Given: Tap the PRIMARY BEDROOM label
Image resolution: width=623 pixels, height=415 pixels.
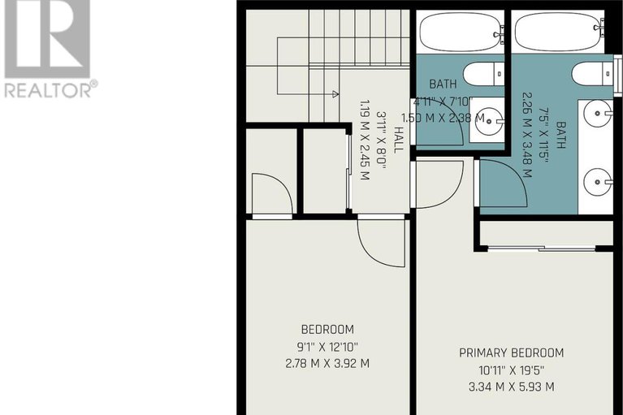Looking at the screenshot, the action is pos(512,352).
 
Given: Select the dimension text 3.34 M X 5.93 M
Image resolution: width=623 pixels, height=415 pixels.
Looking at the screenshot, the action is pos(512,387).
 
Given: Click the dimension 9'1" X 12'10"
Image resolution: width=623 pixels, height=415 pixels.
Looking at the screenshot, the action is pos(327,347).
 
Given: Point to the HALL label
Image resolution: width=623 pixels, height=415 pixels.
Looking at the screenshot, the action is pos(398,140).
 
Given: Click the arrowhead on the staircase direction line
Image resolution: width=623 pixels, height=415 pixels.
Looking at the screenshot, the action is pos(335,94).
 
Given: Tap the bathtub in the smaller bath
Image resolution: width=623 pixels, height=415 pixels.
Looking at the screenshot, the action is pos(460,32).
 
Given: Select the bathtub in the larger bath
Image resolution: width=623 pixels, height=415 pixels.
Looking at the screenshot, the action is pos(558,32).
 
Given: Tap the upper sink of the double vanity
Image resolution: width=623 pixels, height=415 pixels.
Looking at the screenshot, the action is pos(598,114).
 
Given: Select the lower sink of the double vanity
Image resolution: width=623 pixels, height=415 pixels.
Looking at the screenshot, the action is pos(598,182).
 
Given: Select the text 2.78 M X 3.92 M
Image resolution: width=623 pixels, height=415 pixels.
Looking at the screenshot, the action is pos(327,363).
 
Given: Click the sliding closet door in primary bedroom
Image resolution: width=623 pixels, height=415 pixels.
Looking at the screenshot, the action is pos(541,249).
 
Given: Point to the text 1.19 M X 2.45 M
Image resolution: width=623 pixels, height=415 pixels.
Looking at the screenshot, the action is pos(365,140).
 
